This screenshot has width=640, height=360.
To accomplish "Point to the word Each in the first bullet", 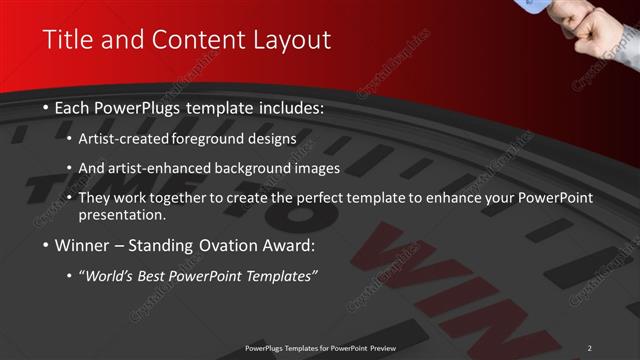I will tap(78, 107).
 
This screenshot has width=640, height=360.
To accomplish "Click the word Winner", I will tap(83, 245).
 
